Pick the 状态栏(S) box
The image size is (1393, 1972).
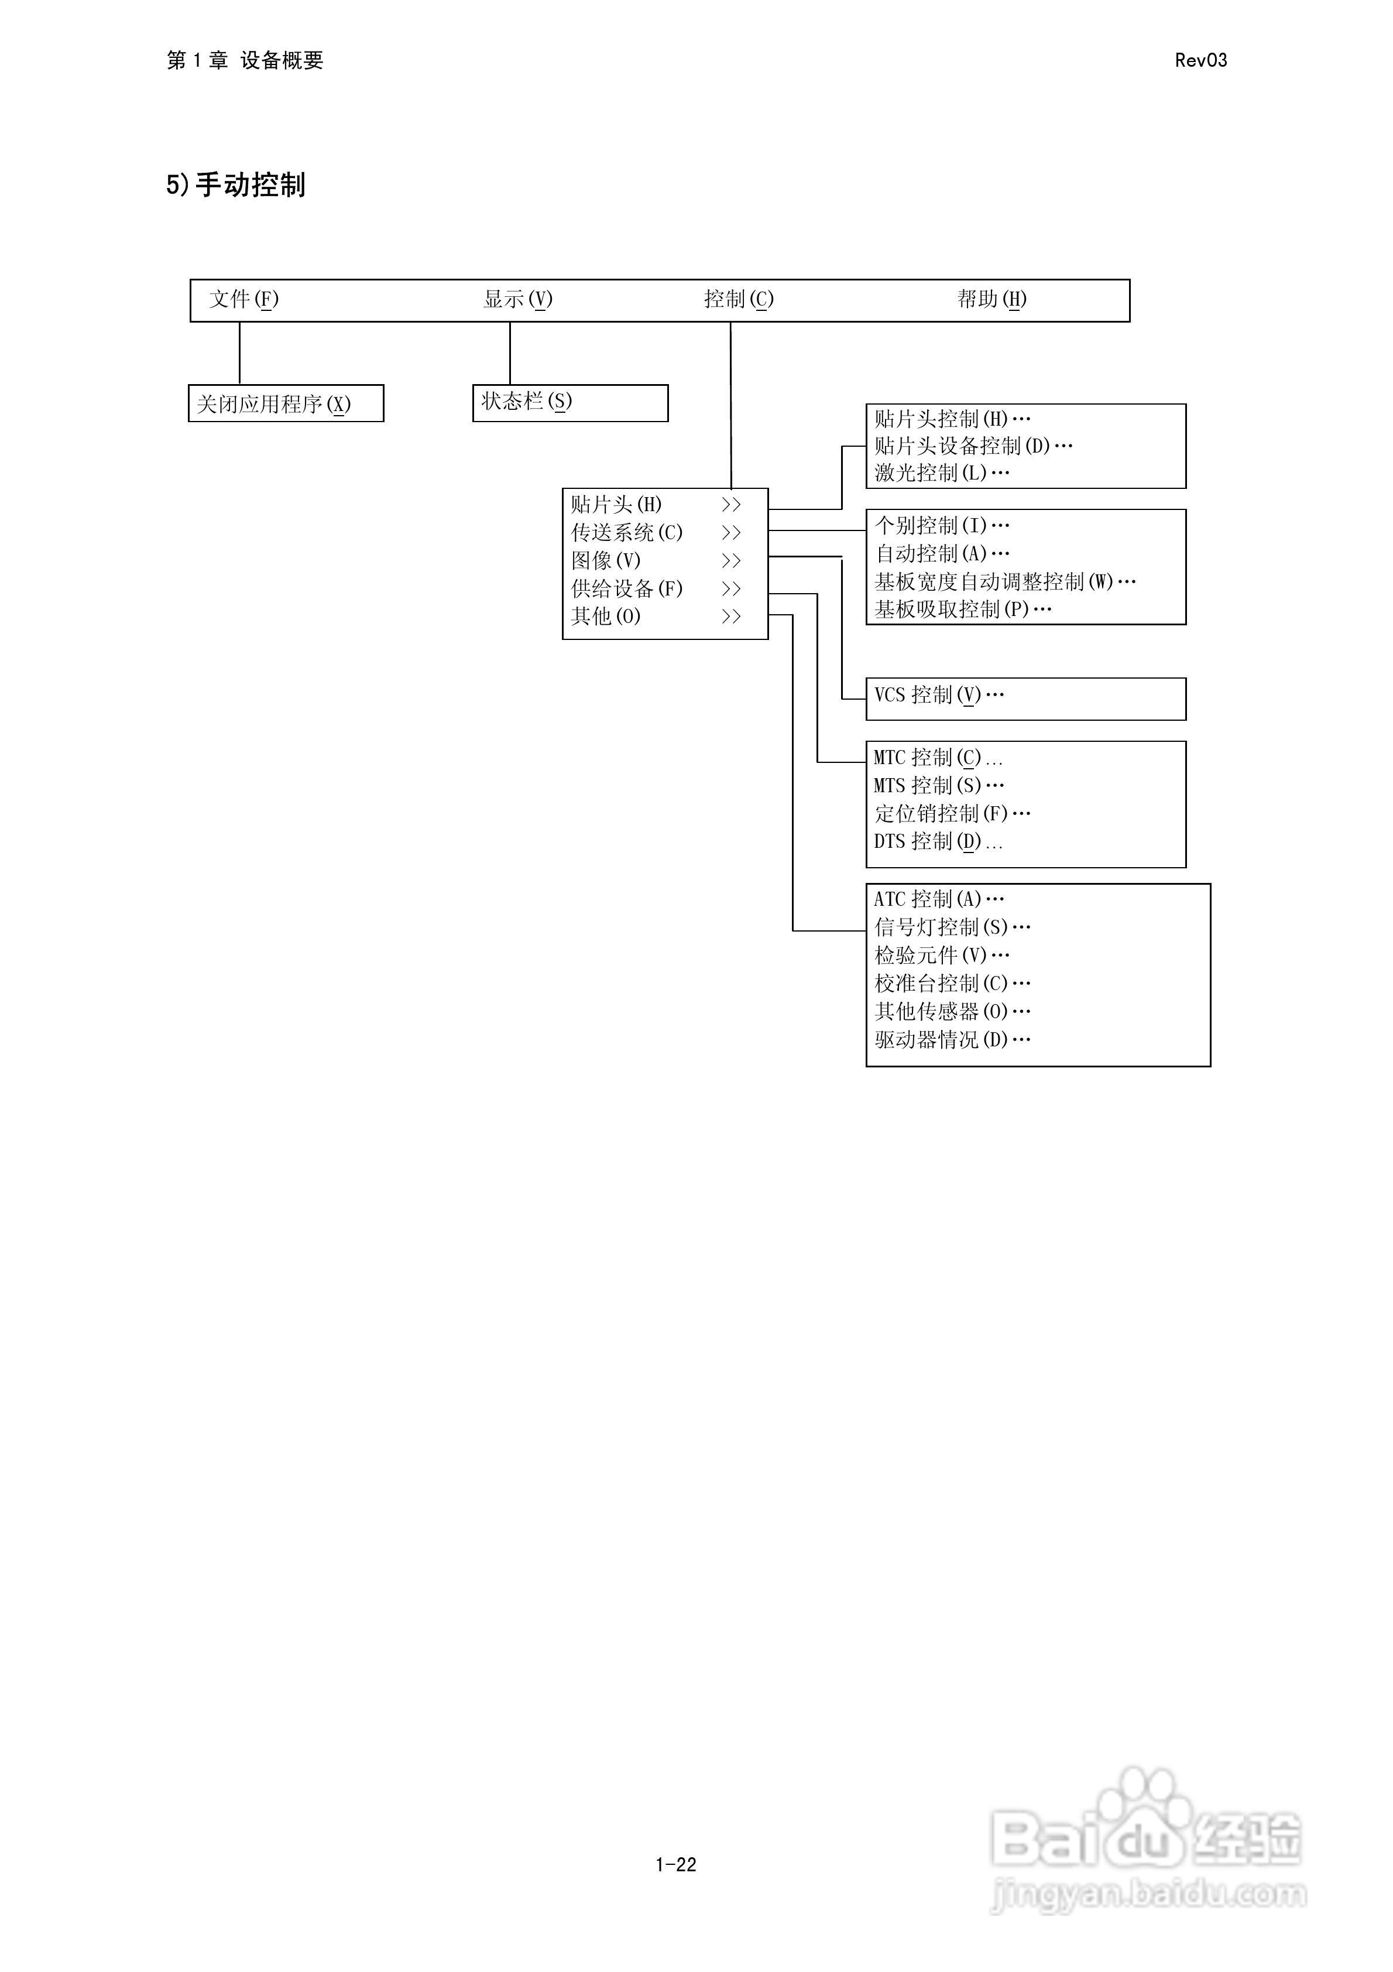569,402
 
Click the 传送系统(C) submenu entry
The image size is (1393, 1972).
627,532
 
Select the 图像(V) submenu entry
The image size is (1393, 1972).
606,561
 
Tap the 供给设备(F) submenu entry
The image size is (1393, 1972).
627,588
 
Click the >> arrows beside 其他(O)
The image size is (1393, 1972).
731,617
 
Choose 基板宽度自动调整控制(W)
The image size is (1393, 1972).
1005,581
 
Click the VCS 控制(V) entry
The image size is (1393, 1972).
939,695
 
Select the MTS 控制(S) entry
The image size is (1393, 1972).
939,785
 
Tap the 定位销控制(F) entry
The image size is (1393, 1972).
952,813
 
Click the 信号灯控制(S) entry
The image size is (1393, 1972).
952,927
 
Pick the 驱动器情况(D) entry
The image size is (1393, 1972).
952,1040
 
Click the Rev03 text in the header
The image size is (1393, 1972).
1200,60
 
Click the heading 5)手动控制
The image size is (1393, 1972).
236,184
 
